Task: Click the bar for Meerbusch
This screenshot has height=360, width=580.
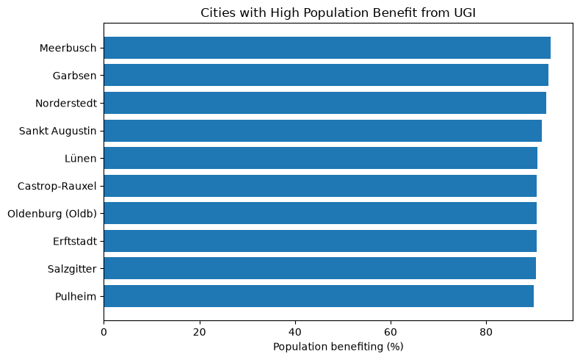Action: [x=327, y=48]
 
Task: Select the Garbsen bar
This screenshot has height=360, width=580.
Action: [x=326, y=75]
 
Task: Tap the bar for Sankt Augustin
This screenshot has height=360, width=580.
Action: [x=322, y=131]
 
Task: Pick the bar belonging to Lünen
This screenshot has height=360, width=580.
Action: [x=320, y=158]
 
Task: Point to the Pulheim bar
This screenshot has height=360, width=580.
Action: [x=319, y=296]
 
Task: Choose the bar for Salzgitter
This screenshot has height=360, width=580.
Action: [x=319, y=268]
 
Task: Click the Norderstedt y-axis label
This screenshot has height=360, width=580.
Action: [x=66, y=104]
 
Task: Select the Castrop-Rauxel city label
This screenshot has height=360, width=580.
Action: [x=57, y=186]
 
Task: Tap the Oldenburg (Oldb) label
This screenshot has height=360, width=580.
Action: [x=52, y=214]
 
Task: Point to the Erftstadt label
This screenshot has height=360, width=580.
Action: [x=75, y=241]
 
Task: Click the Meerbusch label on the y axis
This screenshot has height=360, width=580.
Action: [x=68, y=48]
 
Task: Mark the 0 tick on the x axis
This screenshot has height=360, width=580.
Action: [x=104, y=332]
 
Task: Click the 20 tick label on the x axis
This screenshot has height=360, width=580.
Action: [x=200, y=332]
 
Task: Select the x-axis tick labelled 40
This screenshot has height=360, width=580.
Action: [x=295, y=332]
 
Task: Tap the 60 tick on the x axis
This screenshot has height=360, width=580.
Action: [x=391, y=332]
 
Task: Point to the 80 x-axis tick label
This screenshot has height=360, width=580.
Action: [x=486, y=332]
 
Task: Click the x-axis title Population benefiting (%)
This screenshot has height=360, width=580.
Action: [x=338, y=347]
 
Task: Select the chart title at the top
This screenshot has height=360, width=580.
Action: [x=338, y=12]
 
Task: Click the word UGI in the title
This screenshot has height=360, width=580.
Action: [x=465, y=12]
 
